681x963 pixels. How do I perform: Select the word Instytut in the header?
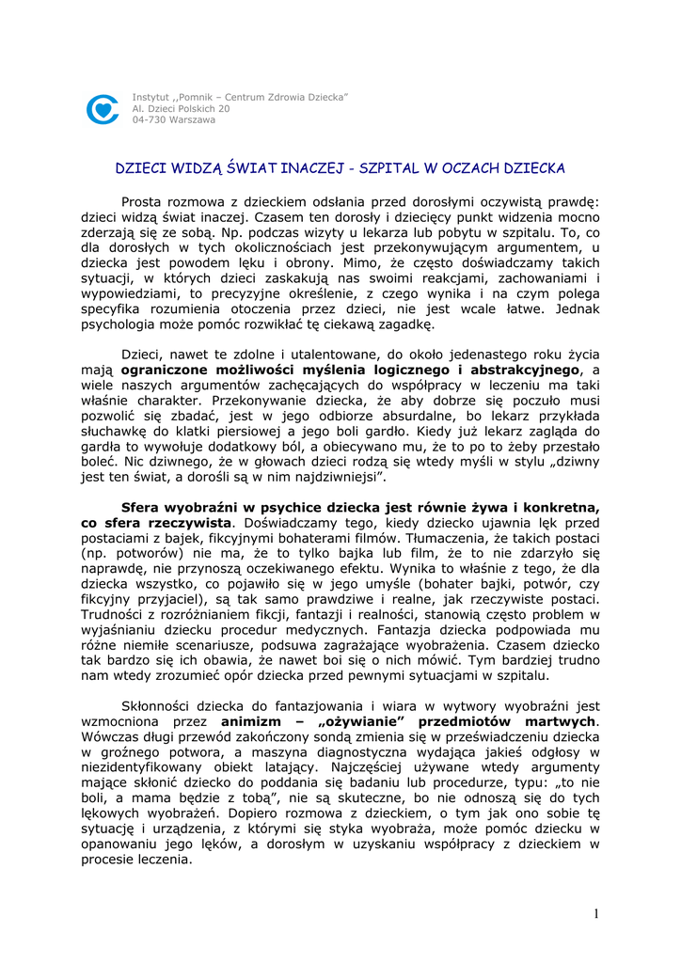click(x=150, y=98)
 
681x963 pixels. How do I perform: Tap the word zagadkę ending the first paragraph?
click(x=404, y=324)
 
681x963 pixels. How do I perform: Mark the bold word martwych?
click(x=553, y=721)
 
